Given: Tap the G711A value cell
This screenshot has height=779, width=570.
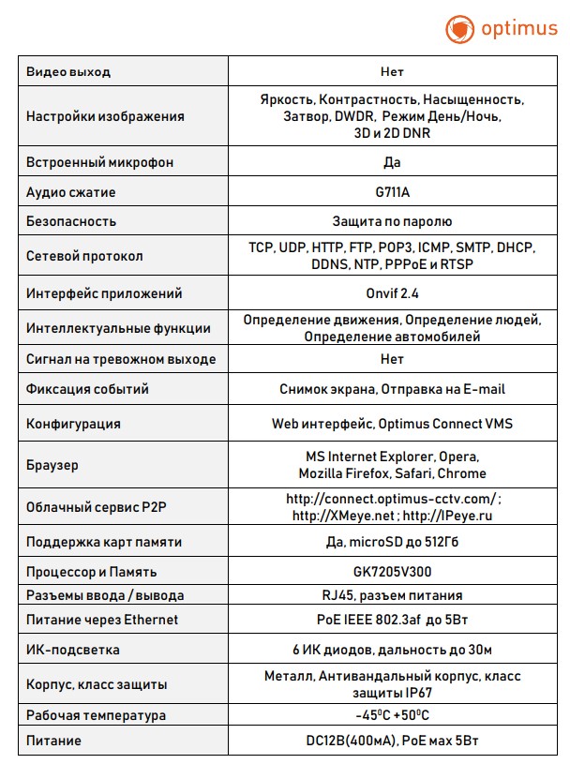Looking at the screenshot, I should pos(393,191).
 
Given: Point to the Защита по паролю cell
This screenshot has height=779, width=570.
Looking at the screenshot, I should pos(393,221).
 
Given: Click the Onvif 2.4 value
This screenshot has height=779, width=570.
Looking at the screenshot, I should pos(393,293).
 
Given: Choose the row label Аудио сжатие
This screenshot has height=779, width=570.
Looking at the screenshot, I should pos(71,191).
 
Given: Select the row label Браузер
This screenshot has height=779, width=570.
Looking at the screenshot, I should pos(52,464).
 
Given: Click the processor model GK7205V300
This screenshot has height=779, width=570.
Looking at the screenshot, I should pos(393,571).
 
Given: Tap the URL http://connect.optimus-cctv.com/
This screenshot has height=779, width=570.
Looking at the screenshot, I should pos(393,499).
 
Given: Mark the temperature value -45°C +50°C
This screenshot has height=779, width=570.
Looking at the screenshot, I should pos(393,714).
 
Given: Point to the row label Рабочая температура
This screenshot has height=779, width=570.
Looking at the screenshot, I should pos(96,714).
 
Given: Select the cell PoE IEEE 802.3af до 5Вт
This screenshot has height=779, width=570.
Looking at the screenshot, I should pos(393,619).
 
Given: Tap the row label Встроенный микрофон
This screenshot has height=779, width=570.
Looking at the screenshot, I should pos(99,162).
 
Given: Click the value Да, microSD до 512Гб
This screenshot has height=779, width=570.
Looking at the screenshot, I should pos(393,542).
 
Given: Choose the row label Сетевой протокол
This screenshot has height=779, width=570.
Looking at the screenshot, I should pos(84,256).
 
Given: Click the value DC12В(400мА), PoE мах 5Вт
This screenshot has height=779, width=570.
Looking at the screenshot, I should pos(393,741).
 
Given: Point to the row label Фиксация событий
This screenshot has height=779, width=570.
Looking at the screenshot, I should pos(88,388).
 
